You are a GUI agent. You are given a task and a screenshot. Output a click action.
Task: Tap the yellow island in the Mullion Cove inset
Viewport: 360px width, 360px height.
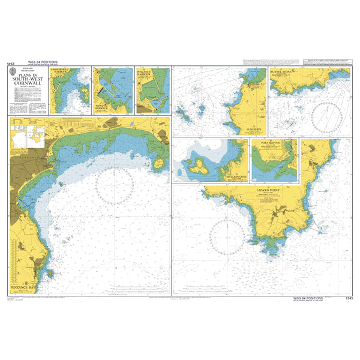(x=200, y=164)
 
